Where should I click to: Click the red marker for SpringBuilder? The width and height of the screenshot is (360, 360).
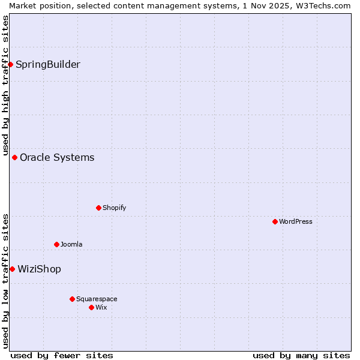[10, 64]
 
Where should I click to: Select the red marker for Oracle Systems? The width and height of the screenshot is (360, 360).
[14, 157]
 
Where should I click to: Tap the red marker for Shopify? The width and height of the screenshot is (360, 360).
[98, 208]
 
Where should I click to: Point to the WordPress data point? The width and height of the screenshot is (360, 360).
[275, 221]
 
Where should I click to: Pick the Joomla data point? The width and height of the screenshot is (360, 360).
[56, 244]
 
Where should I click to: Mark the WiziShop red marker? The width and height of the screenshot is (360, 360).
[12, 269]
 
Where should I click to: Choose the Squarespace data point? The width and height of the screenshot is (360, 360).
[72, 299]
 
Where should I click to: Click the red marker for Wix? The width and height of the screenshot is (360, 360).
[91, 307]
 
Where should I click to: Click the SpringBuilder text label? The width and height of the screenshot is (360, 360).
[47, 64]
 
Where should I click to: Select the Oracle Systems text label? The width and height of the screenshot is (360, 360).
[57, 157]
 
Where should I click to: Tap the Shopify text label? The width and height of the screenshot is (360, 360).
[114, 208]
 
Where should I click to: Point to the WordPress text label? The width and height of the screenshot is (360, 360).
[295, 221]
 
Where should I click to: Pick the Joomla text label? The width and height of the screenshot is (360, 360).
[71, 244]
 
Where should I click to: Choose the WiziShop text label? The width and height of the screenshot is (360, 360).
[39, 269]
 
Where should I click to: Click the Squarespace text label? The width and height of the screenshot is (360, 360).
[97, 299]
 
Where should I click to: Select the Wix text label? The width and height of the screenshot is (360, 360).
[101, 307]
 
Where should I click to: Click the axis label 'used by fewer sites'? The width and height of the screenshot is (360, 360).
[62, 355]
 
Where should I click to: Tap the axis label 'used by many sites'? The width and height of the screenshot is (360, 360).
[301, 355]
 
